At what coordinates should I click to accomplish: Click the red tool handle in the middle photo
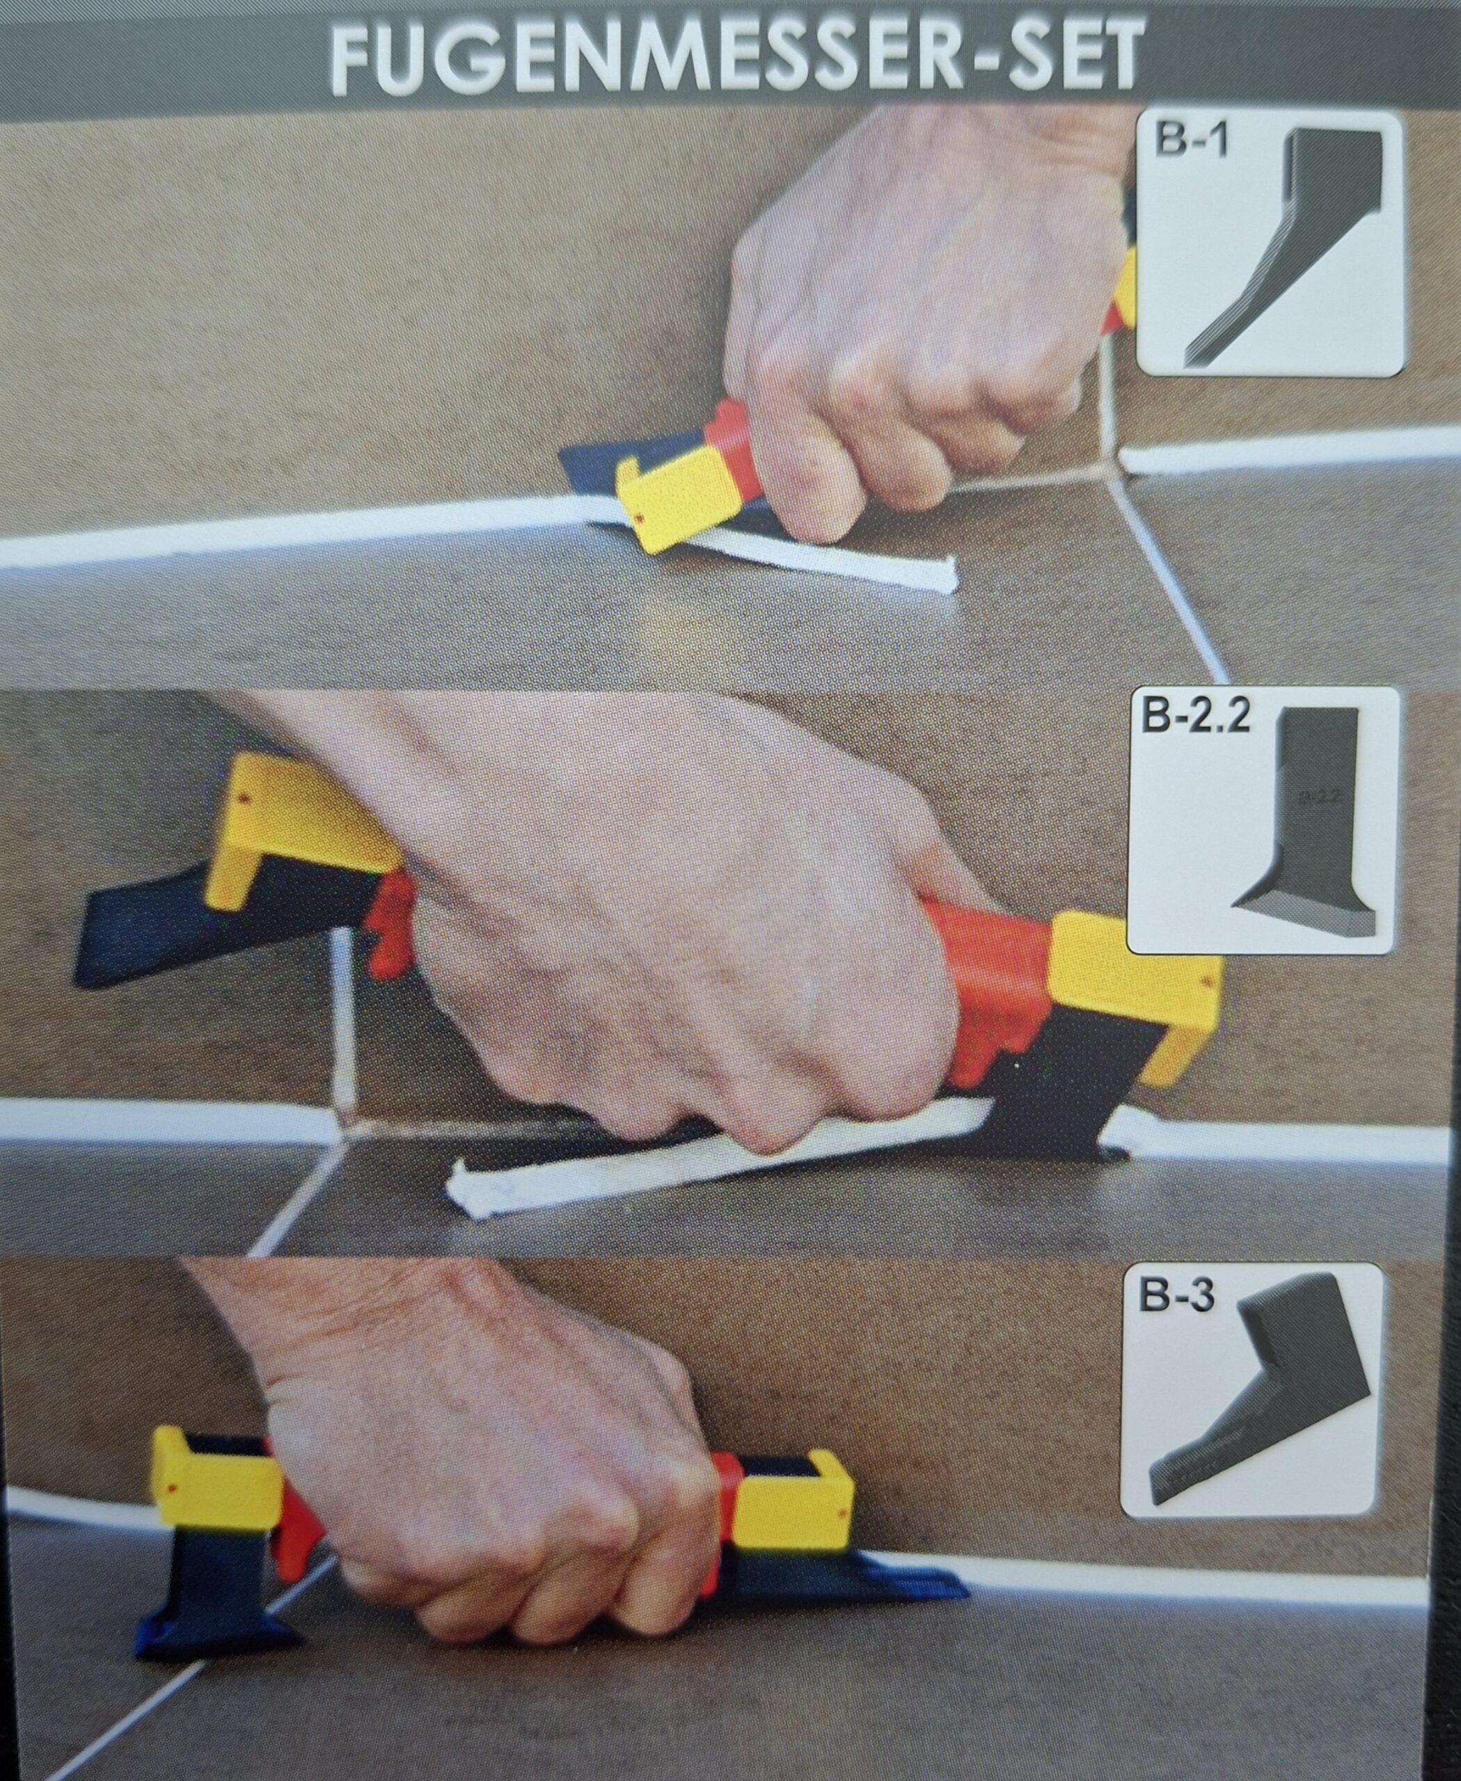pyautogui.click(x=985, y=976)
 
